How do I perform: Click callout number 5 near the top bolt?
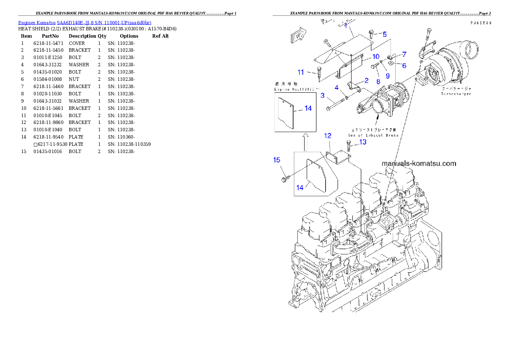384,34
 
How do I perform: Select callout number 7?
404,55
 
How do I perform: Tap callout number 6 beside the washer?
404,66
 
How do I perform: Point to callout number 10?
375,56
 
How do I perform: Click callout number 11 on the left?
301,72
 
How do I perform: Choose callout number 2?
366,80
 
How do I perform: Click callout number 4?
337,88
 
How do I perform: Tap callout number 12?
328,136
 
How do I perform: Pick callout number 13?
362,142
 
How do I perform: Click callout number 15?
277,160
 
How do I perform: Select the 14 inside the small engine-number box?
308,109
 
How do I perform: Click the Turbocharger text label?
456,94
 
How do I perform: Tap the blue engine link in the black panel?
85,23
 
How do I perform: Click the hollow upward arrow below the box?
305,142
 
